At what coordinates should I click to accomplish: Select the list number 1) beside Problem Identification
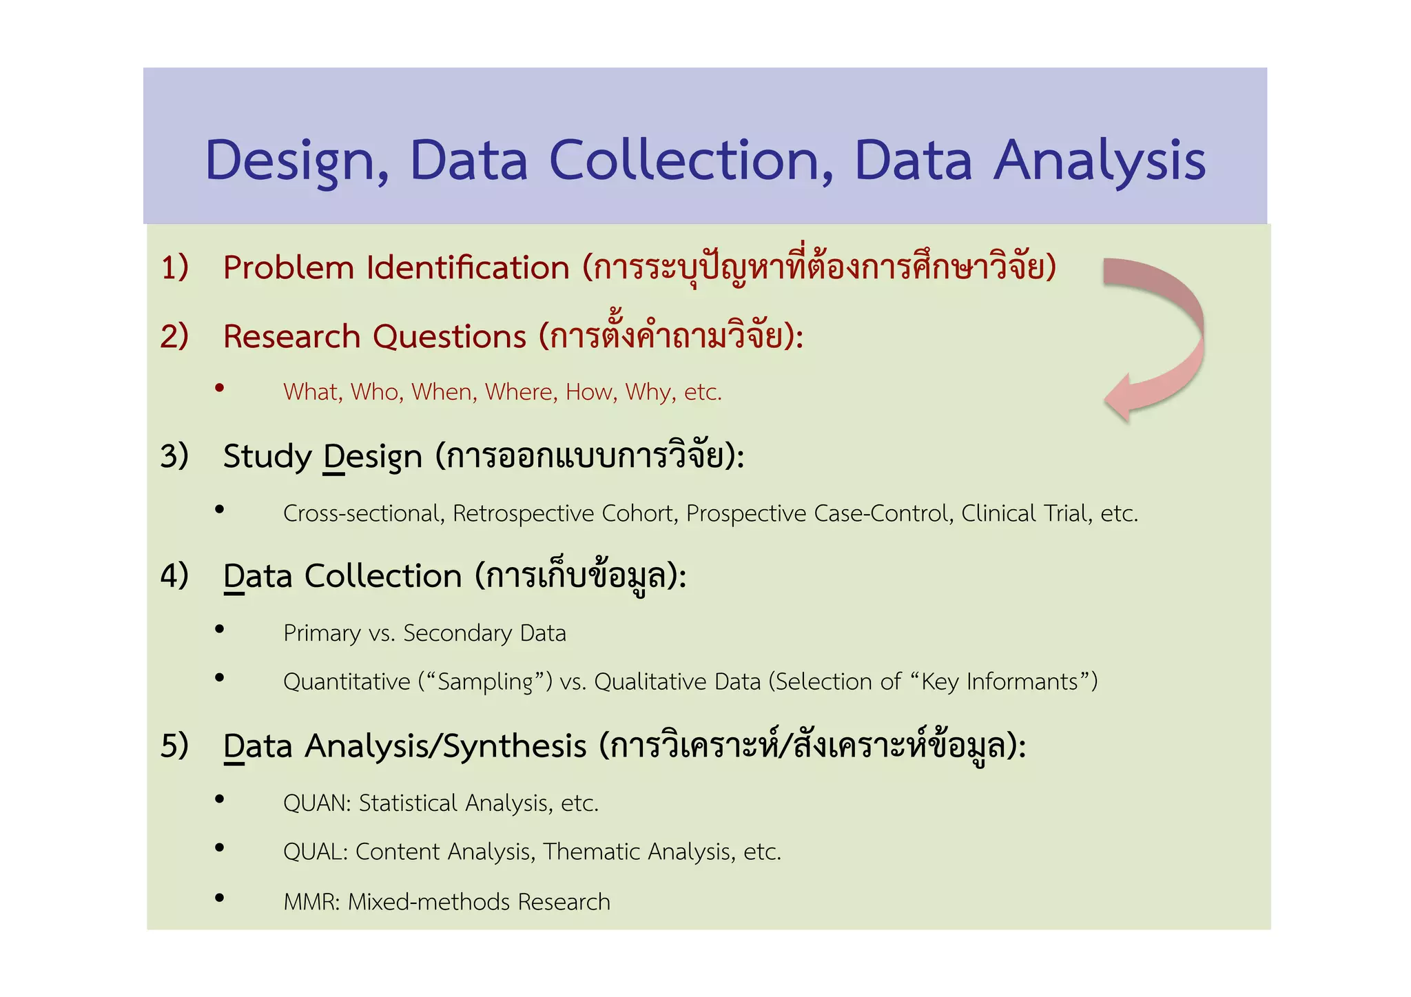coord(174,267)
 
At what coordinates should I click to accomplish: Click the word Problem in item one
coord(288,267)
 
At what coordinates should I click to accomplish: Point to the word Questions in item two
coord(449,337)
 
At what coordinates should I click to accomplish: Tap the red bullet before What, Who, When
coord(220,388)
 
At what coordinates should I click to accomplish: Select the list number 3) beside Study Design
coord(174,456)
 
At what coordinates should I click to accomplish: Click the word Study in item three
coord(267,457)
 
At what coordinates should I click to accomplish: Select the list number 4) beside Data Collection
coord(174,575)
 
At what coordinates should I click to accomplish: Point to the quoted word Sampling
coord(485,682)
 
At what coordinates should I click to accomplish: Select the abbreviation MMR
coord(310,902)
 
